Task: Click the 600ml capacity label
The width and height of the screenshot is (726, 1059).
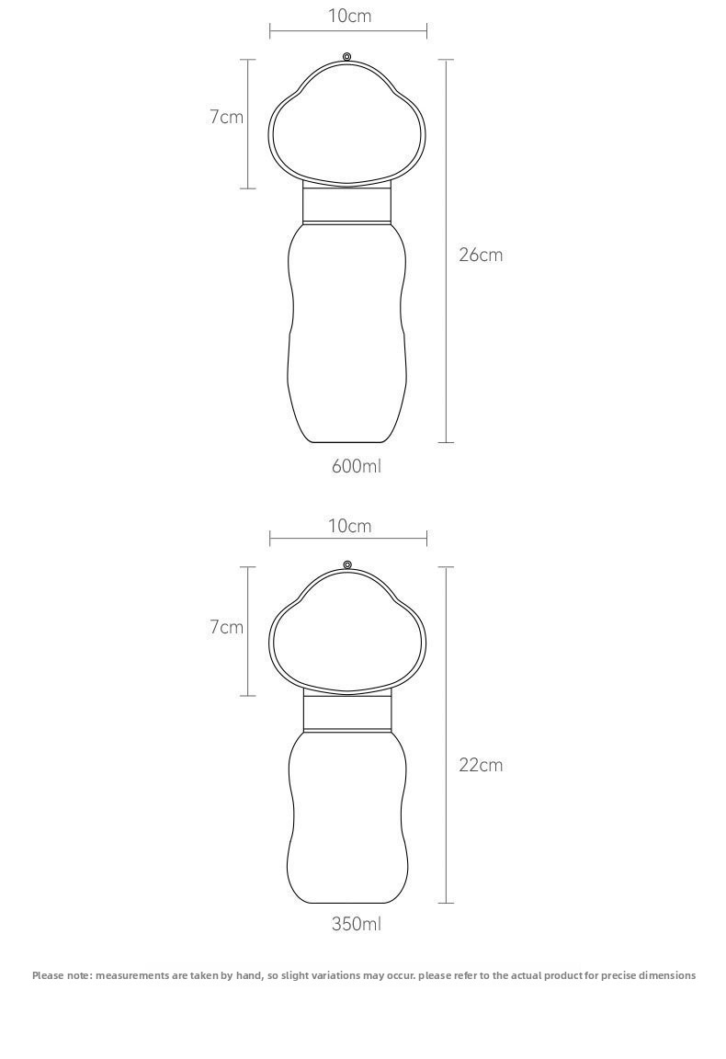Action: point(356,466)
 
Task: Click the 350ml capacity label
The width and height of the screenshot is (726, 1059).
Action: point(356,923)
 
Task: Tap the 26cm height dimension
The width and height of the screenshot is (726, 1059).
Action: point(481,255)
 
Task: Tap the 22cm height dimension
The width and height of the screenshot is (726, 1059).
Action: point(481,765)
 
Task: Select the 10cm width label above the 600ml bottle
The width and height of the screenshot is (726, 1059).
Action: point(350,16)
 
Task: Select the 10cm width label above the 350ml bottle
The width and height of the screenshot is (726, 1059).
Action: point(350,526)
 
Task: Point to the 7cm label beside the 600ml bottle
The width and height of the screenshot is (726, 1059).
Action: point(226,117)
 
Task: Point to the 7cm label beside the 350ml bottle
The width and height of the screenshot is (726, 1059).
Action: point(226,627)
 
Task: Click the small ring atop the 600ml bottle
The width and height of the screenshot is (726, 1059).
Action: point(347,56)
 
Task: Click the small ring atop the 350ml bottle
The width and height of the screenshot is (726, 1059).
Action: point(347,564)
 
